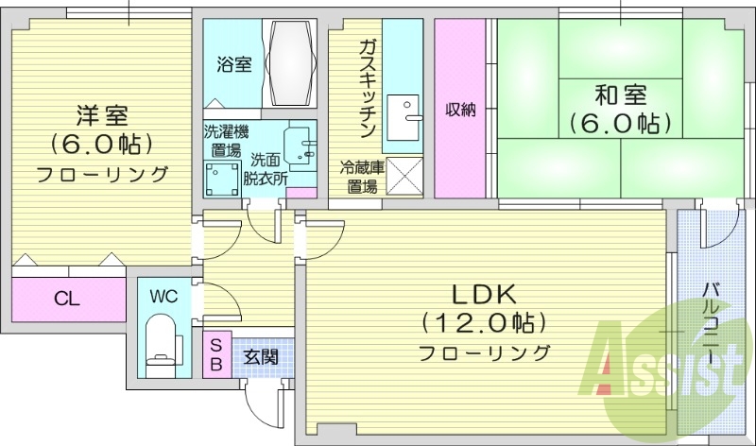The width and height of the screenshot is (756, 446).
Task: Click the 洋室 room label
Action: pos(102,116)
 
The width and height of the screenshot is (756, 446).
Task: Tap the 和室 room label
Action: pos(619,95)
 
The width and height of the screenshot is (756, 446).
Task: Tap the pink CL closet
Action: pos(67,300)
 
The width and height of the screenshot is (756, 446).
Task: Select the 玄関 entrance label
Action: pos(260,357)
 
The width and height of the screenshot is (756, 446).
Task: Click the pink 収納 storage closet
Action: pos(461,109)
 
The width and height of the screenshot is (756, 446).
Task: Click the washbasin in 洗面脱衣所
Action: pos(301,143)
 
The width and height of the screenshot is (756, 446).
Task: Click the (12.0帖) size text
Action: pos(484,324)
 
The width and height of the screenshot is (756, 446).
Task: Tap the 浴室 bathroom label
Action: pos(233,65)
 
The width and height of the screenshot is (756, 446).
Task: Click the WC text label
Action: pos(163,296)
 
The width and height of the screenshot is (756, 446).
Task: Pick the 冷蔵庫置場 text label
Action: pos(362,177)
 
